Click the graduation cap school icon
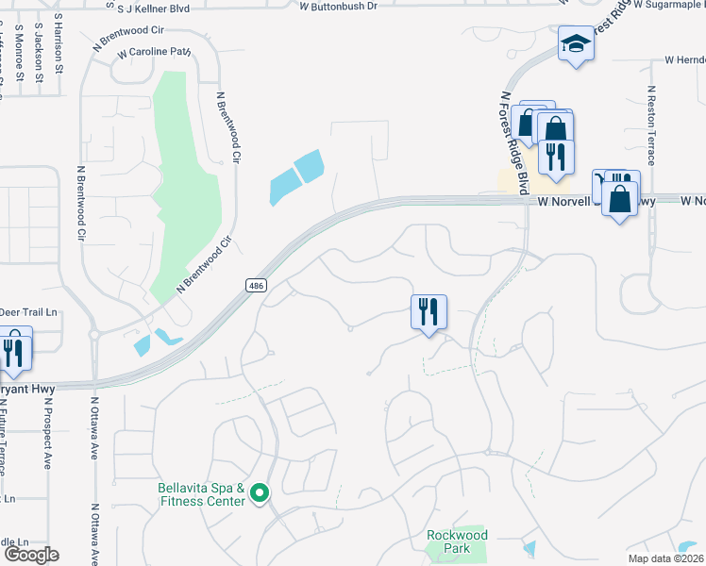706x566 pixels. pos(576,43)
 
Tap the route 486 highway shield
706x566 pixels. pos(255,286)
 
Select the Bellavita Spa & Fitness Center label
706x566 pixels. pos(202,494)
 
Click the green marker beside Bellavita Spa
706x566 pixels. pos(260,491)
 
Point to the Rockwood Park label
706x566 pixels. pos(457,541)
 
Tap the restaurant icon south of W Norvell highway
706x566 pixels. pos(429,311)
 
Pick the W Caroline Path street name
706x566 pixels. pos(154,53)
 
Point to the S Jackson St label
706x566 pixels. pos(38,52)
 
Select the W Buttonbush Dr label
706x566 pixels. pos(338,6)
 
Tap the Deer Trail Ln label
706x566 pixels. pos(28,311)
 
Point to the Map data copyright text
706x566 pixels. pos(666,558)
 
